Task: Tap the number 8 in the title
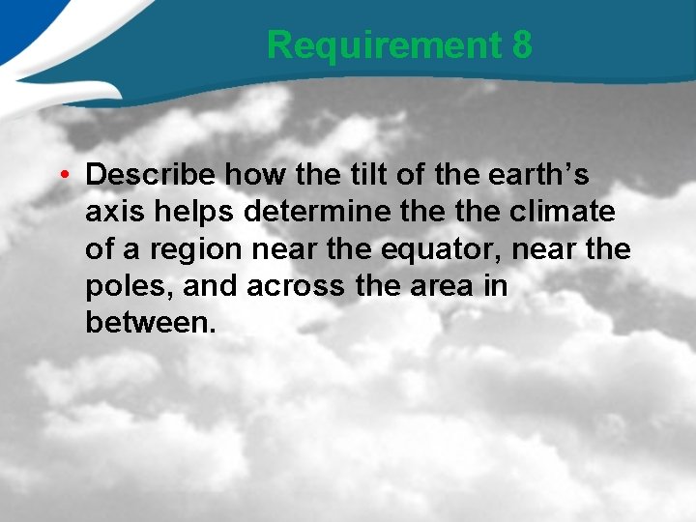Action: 521,44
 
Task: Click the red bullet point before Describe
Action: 61,175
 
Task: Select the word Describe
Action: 151,175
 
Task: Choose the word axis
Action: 112,213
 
